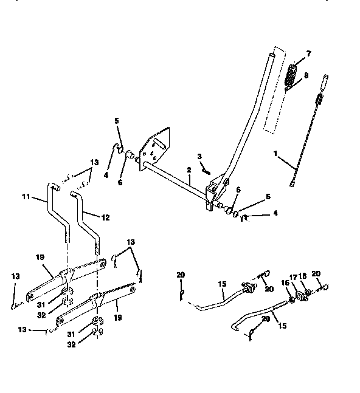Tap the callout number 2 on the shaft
click(190, 170)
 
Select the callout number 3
click(199, 157)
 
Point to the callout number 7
click(308, 55)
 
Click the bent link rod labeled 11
click(54, 210)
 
